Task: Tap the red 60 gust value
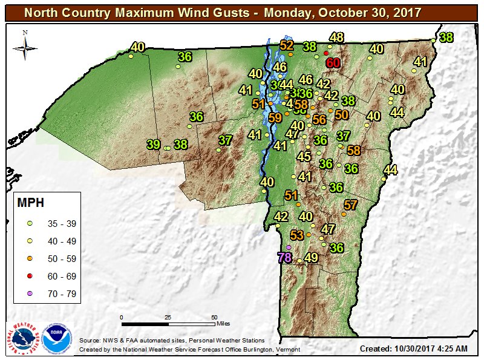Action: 333,63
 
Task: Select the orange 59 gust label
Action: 275,118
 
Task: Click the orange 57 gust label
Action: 351,205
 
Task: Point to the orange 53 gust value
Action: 298,235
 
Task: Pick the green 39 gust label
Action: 154,145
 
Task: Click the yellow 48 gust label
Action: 336,38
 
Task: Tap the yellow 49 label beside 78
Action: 311,257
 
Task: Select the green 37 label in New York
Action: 226,140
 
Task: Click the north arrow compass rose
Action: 25,46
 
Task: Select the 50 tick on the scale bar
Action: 214,317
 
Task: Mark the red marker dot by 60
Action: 326,53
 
